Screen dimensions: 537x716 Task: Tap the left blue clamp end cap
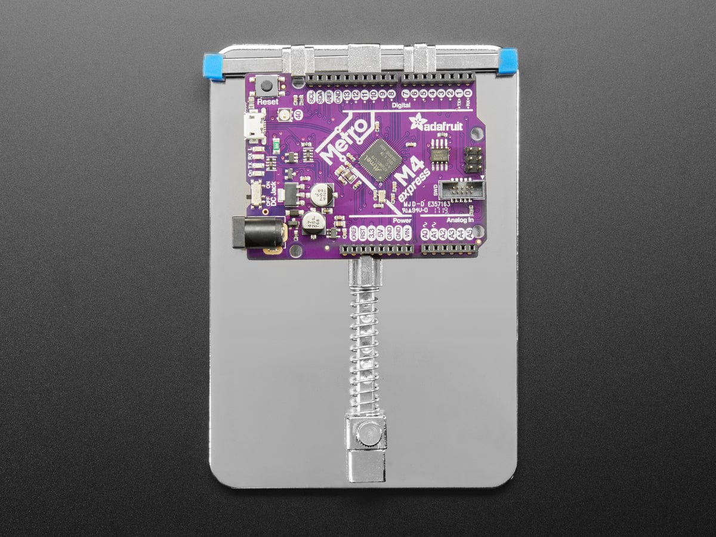[x=214, y=66]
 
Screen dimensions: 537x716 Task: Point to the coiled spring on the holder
[x=364, y=346]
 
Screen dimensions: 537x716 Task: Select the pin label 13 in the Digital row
[x=347, y=95]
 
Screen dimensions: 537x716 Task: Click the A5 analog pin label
[x=470, y=234]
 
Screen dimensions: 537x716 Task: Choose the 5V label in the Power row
[x=381, y=234]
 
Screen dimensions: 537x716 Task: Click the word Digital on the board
[x=401, y=105]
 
